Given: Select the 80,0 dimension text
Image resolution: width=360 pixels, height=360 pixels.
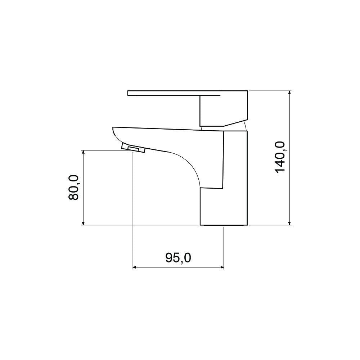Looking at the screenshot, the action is (74, 187).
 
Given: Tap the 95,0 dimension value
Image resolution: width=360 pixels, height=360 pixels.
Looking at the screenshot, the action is (178, 258).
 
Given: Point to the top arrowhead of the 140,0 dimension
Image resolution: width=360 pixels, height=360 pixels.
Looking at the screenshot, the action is (290, 93).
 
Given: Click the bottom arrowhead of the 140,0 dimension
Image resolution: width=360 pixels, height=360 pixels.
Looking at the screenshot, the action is (290, 223).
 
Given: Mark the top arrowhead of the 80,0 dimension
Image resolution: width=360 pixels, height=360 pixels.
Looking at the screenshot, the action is (84, 152).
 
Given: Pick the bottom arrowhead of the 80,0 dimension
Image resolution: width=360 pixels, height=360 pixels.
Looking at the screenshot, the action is (84, 223).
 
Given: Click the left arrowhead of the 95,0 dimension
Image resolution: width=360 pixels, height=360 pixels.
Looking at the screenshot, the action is (135, 267).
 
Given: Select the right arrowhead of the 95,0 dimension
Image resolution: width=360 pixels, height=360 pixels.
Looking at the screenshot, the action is (222, 267).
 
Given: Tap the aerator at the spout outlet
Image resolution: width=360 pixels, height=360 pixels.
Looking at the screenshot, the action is (133, 148).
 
